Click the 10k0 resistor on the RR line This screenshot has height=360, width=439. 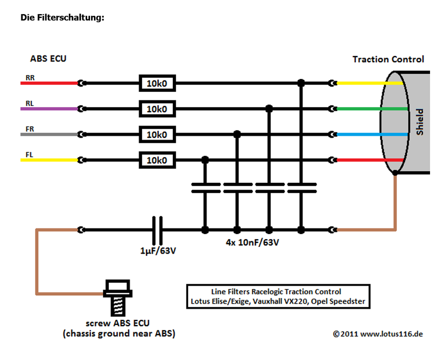[157, 83]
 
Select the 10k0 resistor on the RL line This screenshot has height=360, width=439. [157, 109]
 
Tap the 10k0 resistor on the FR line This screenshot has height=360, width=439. [157, 135]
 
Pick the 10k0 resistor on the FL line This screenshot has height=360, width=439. [157, 160]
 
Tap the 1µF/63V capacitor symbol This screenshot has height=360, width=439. [157, 230]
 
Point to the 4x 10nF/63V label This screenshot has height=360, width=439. [253, 242]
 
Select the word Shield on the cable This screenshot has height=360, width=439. [420, 122]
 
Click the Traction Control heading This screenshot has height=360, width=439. [388, 60]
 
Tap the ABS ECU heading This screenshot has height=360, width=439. [48, 59]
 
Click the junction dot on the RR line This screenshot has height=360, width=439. [301, 83]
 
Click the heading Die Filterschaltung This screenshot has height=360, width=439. [63, 18]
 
